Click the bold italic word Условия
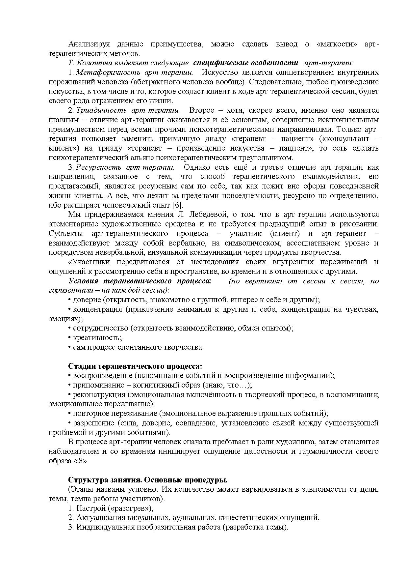pos(83,281)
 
